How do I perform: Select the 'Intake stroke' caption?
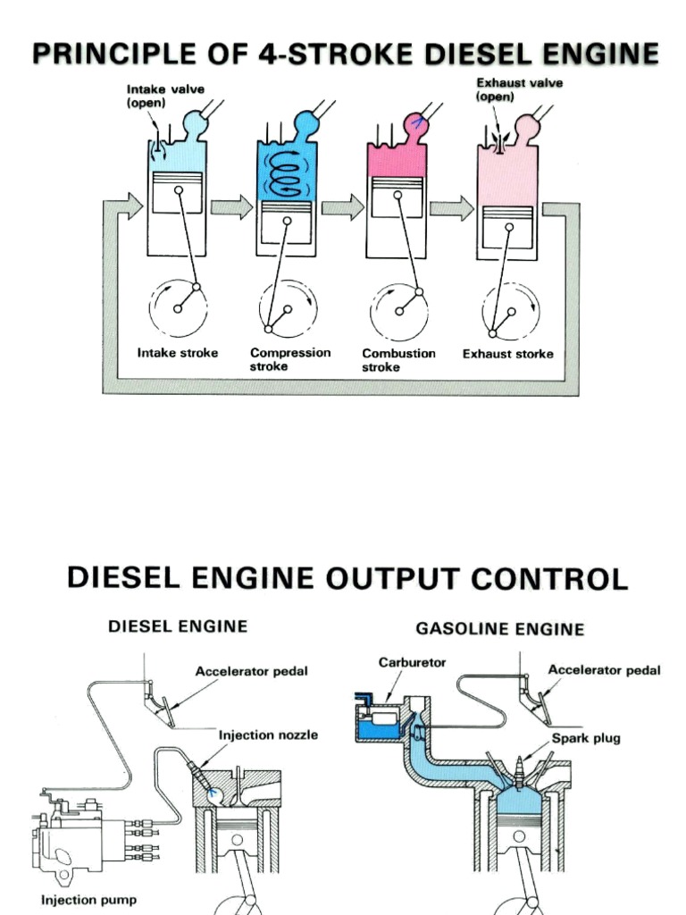click(177, 353)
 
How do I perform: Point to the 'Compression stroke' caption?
click(289, 359)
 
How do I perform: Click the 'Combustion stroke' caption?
click(398, 359)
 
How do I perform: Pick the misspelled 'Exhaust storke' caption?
click(507, 354)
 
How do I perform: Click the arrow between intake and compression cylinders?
click(232, 208)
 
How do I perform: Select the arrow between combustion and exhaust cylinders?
click(452, 208)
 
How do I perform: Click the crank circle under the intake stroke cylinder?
click(178, 308)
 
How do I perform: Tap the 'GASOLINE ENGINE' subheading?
click(500, 629)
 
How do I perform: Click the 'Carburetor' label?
click(412, 663)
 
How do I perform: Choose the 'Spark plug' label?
click(585, 739)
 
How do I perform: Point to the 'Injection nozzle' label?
click(268, 735)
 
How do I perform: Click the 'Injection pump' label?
click(88, 899)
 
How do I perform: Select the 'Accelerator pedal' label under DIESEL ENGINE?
click(252, 671)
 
